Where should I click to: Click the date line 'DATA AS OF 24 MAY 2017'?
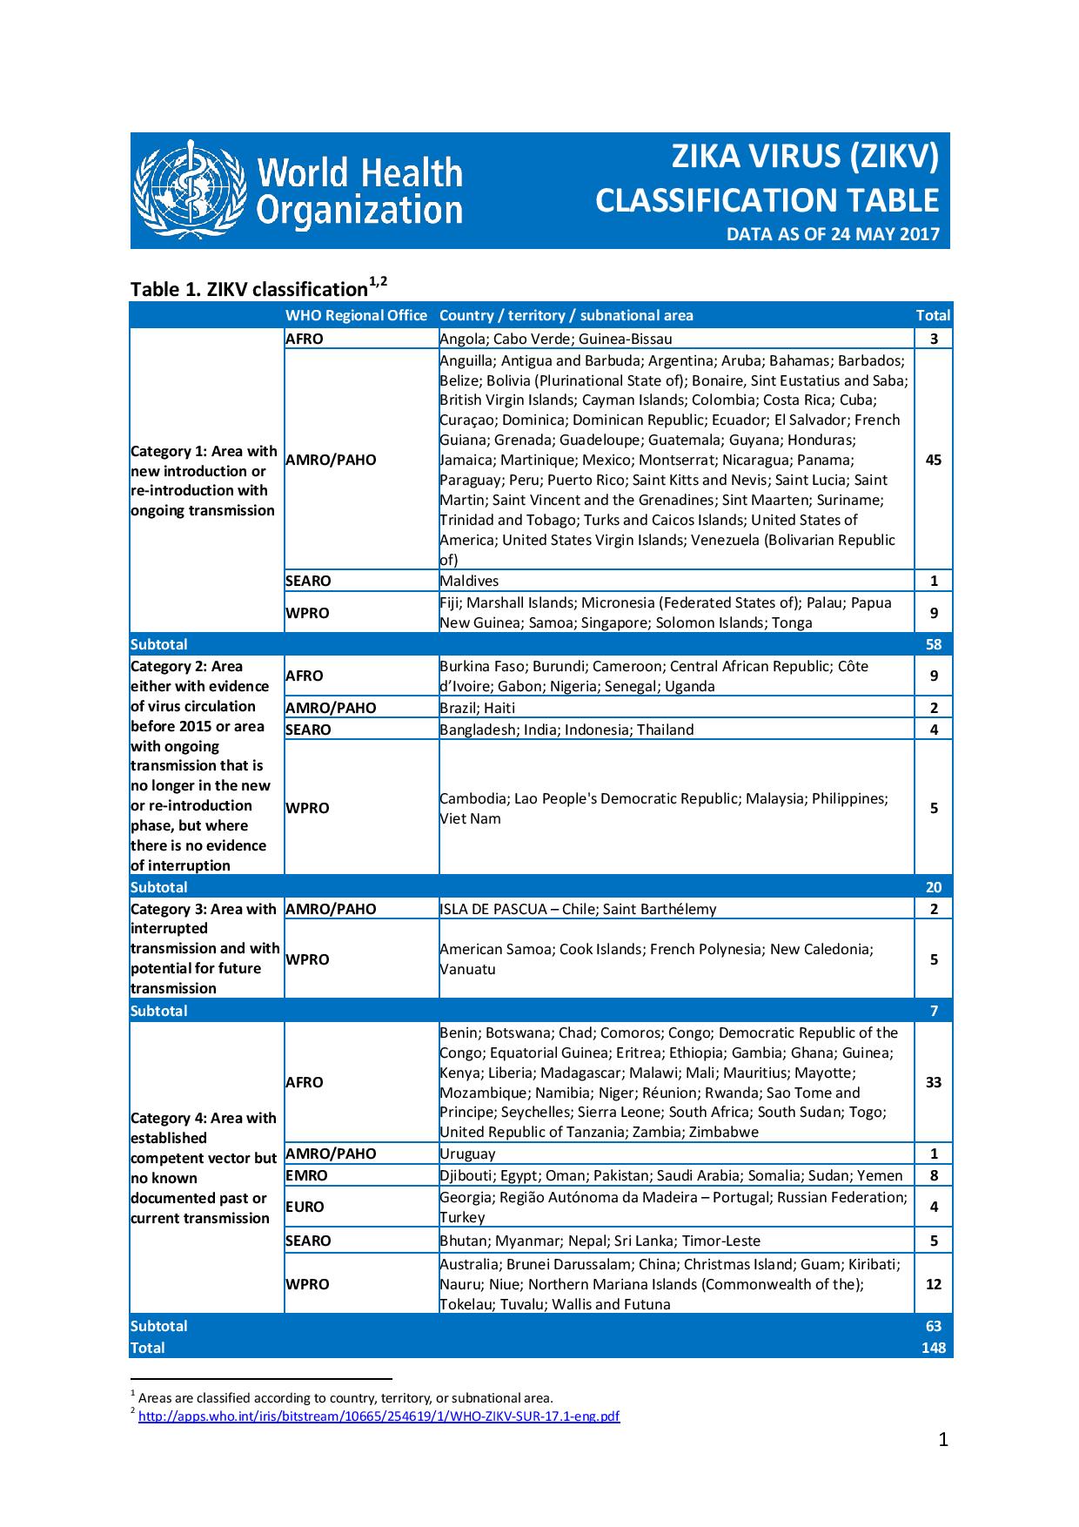click(x=833, y=234)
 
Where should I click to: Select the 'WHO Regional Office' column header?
click(x=356, y=315)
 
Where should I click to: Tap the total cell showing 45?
click(x=933, y=460)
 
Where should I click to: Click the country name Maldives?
click(x=469, y=581)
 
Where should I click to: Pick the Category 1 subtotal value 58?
click(x=933, y=644)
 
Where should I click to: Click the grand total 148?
click(x=933, y=1348)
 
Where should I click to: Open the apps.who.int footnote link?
click(x=379, y=1416)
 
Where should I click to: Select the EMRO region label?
click(x=307, y=1175)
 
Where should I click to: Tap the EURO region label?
click(x=305, y=1207)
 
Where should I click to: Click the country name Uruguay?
click(x=467, y=1154)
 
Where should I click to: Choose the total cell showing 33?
click(x=933, y=1082)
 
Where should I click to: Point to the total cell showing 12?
click(x=933, y=1284)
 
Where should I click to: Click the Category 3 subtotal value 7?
click(x=934, y=1011)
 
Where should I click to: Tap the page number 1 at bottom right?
click(x=943, y=1464)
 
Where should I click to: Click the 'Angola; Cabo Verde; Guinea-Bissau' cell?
click(x=555, y=339)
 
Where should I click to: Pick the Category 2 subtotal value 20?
click(x=933, y=887)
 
